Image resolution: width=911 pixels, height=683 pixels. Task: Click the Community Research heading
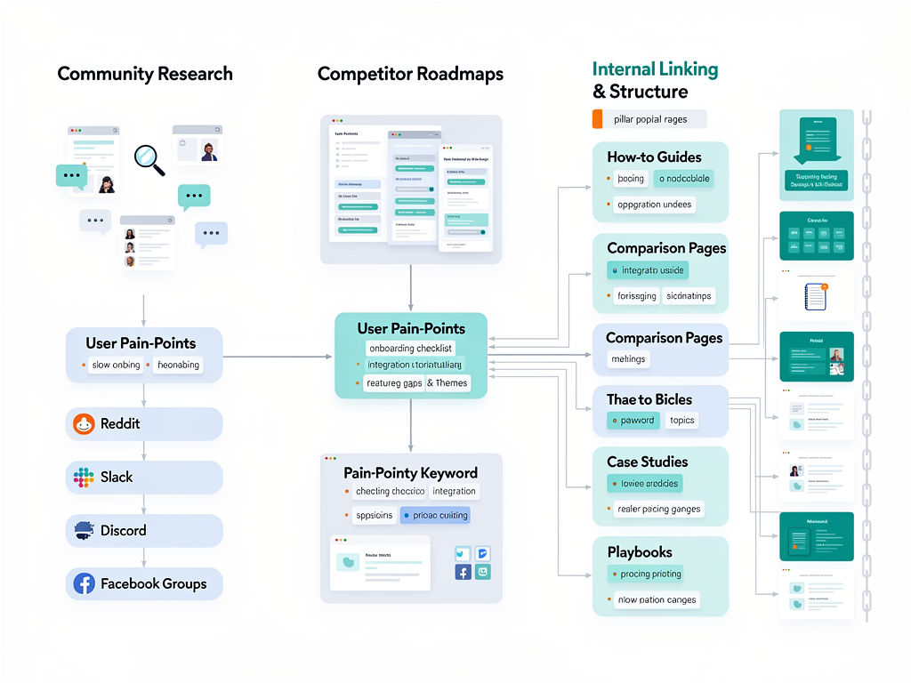pyautogui.click(x=145, y=74)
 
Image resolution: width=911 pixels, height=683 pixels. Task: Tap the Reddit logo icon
pyautogui.click(x=84, y=424)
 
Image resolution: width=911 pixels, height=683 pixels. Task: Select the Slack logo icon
pyautogui.click(x=84, y=478)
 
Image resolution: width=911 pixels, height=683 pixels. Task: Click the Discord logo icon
pyautogui.click(x=84, y=531)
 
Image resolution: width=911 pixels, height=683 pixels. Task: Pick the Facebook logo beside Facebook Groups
pyautogui.click(x=84, y=584)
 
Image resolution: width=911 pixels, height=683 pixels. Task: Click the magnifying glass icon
pyautogui.click(x=149, y=159)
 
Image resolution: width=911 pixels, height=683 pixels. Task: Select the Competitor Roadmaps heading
pyautogui.click(x=410, y=74)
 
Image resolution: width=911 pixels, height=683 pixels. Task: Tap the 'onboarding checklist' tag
pyautogui.click(x=410, y=349)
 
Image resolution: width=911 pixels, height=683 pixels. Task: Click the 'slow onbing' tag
pyautogui.click(x=115, y=365)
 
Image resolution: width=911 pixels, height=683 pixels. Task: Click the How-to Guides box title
pyautogui.click(x=654, y=157)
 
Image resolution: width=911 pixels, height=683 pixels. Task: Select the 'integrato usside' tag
pyautogui.click(x=648, y=270)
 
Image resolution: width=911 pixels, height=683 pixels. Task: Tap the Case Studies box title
pyautogui.click(x=647, y=462)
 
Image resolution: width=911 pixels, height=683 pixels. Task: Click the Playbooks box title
pyautogui.click(x=640, y=552)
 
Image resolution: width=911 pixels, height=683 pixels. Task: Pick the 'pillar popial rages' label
pyautogui.click(x=649, y=119)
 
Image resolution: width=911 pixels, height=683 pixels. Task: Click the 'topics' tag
pyautogui.click(x=681, y=421)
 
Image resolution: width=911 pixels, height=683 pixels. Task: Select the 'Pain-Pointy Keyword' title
pyautogui.click(x=410, y=473)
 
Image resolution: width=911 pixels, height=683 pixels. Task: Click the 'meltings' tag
pyautogui.click(x=628, y=359)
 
